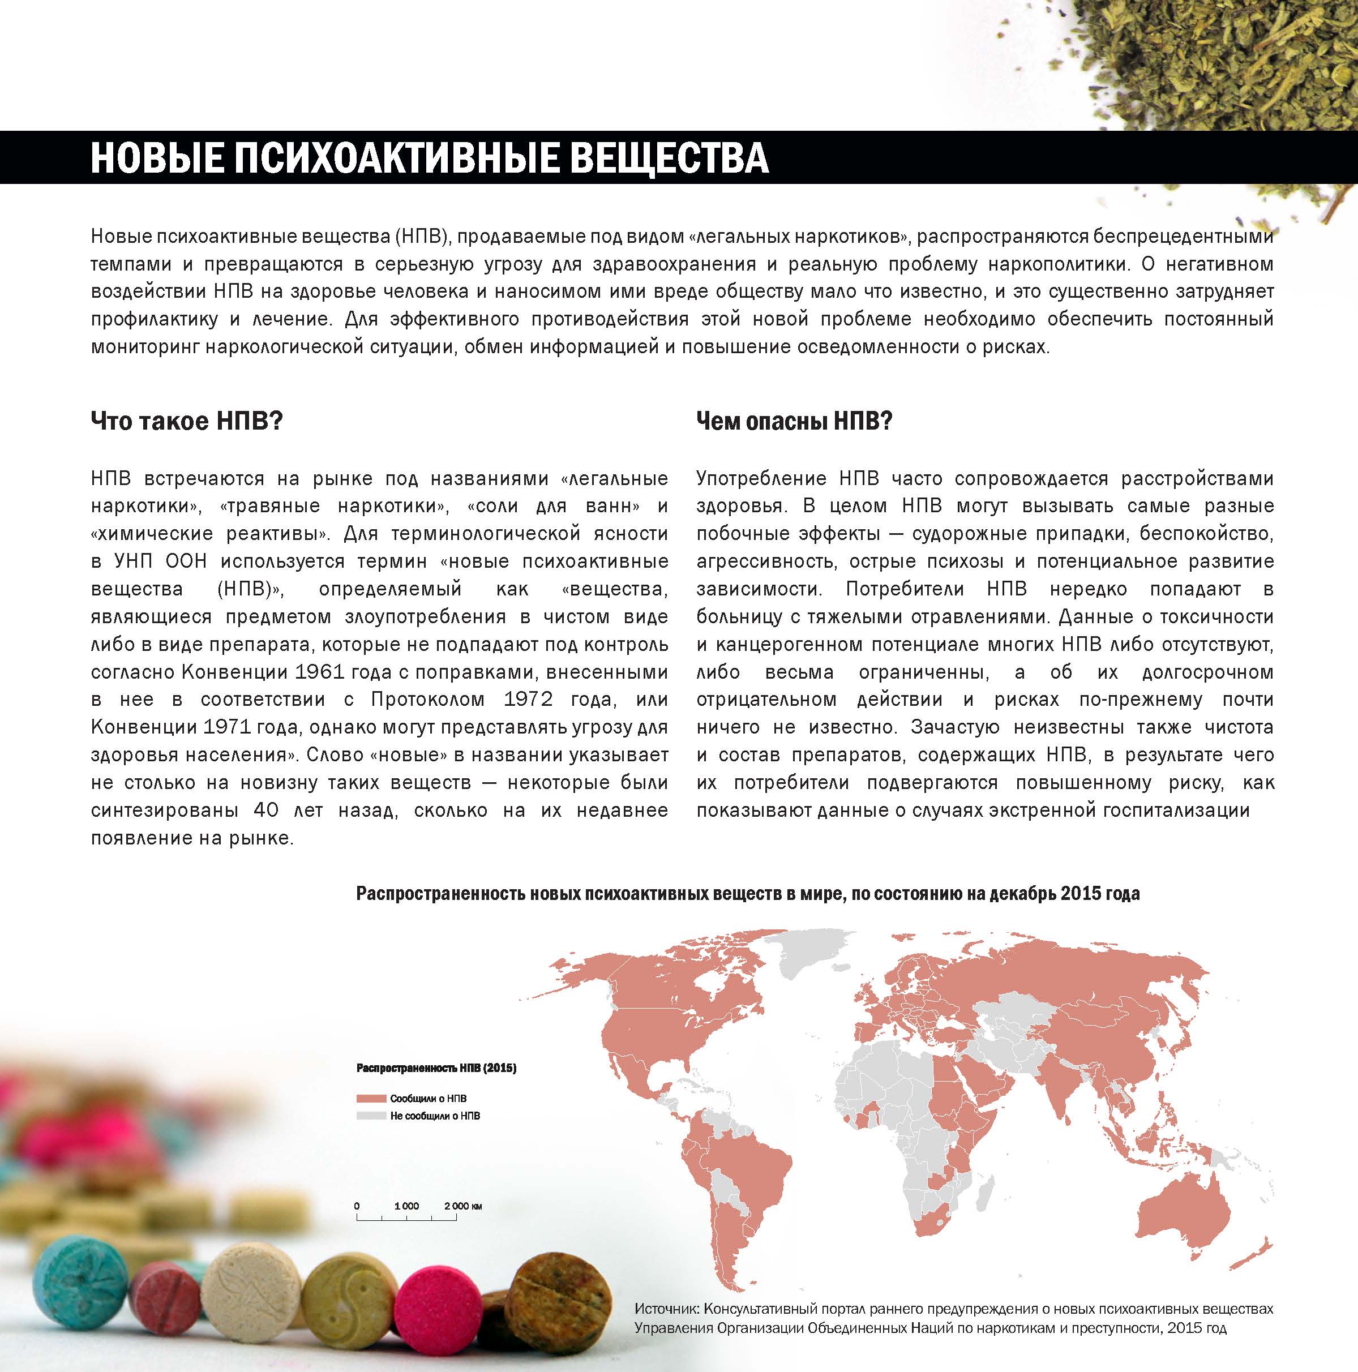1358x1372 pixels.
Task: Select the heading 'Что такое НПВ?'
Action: (187, 421)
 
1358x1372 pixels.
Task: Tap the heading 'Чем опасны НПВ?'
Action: (794, 421)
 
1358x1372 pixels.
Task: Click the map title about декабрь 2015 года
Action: (747, 893)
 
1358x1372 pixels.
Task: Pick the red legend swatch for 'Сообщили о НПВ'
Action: (370, 1099)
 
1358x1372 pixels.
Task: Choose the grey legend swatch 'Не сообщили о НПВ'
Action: (370, 1116)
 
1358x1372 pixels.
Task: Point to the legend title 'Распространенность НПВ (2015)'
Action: (435, 1068)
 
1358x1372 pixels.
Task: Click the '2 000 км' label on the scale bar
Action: (463, 1206)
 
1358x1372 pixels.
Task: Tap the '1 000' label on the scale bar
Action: (406, 1206)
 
